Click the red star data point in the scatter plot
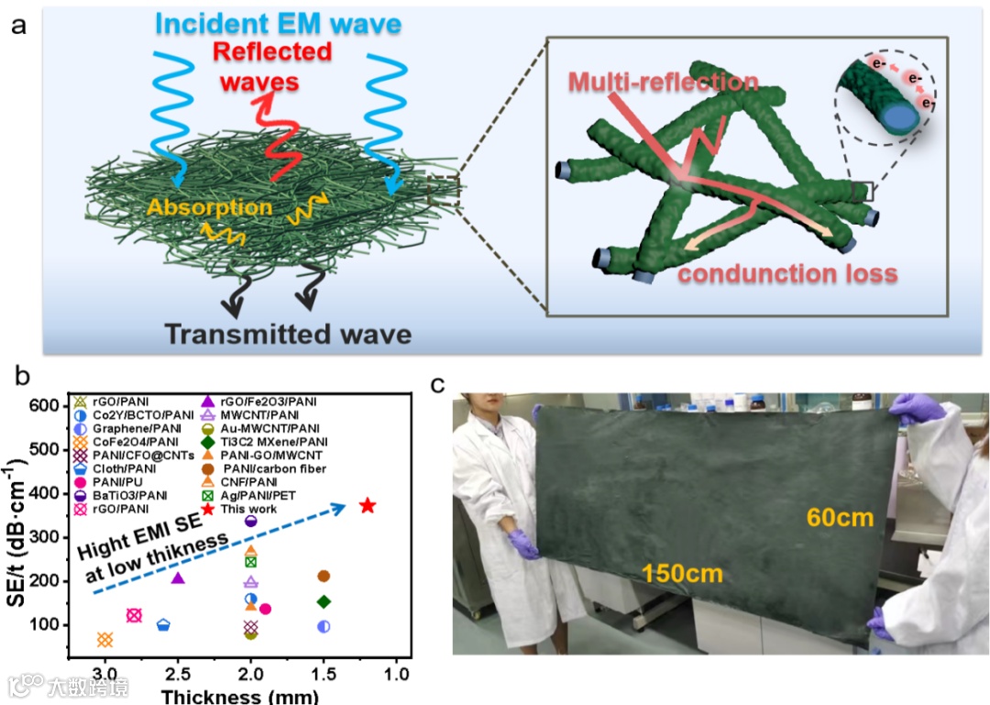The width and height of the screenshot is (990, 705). pos(368,505)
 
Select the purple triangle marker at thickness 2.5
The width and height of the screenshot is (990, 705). pos(178,578)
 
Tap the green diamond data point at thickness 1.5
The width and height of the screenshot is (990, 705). pos(324,601)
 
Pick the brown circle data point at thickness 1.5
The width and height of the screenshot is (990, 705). pos(324,576)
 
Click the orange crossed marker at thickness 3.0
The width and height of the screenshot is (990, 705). pos(104,639)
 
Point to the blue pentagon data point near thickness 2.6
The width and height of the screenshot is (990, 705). pos(163,625)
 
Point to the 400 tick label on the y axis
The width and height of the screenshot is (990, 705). pos(48,493)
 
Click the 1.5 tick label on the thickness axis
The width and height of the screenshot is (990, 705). pos(324,675)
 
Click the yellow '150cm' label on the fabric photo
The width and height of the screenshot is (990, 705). pos(682,575)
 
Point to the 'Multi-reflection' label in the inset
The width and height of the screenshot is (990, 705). pos(662,82)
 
